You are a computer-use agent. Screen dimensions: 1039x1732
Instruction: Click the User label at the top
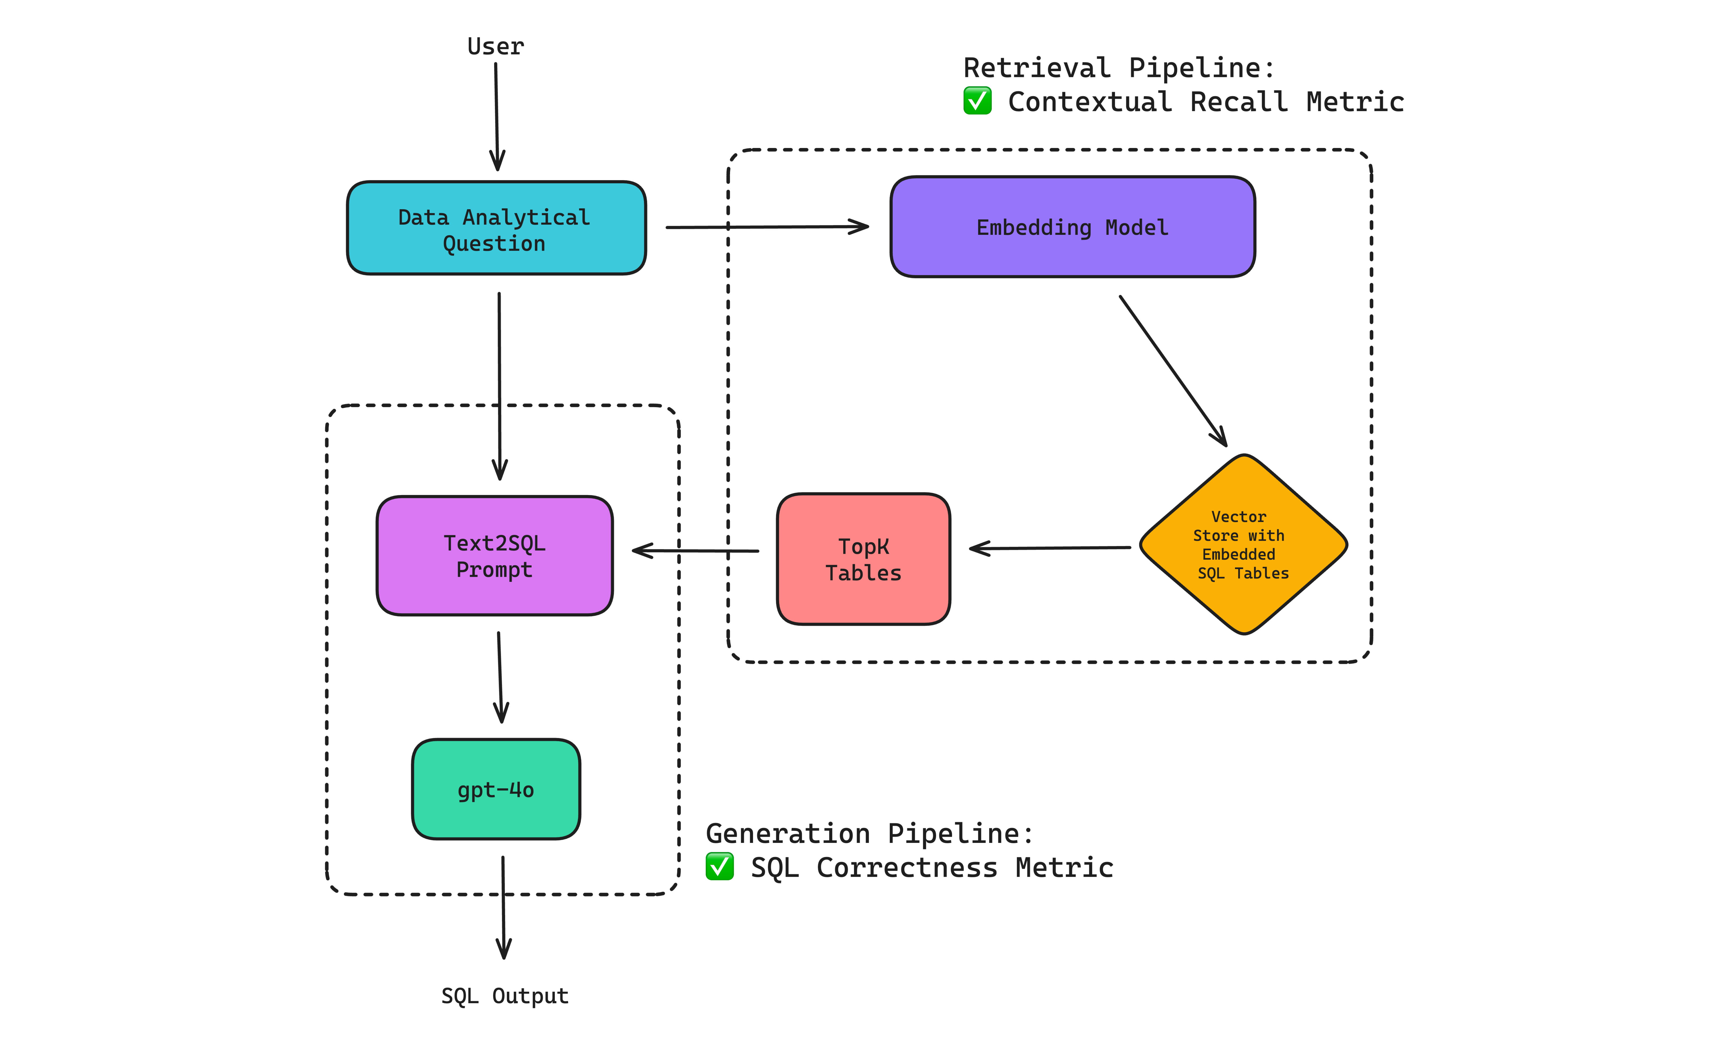pyautogui.click(x=496, y=46)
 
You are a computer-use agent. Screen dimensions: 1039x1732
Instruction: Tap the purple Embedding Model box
pyautogui.click(x=1072, y=227)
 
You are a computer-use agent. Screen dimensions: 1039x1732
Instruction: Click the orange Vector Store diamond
pyautogui.click(x=1243, y=545)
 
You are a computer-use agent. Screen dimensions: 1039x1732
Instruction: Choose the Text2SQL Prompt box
pyautogui.click(x=494, y=556)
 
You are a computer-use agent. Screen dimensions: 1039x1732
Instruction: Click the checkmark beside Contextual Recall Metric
pyautogui.click(x=977, y=101)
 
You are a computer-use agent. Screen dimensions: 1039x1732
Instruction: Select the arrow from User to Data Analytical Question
pyautogui.click(x=497, y=115)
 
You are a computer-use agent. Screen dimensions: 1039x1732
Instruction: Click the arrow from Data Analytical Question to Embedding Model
pyautogui.click(x=766, y=227)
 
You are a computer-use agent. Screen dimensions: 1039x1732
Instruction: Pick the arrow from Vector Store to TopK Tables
pyautogui.click(x=1050, y=548)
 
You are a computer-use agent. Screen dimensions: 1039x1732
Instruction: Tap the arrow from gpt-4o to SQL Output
pyautogui.click(x=503, y=907)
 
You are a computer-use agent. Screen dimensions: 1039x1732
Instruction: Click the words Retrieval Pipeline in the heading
pyautogui.click(x=1118, y=68)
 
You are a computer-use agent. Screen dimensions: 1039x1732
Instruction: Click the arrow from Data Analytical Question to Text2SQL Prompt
pyautogui.click(x=499, y=385)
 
